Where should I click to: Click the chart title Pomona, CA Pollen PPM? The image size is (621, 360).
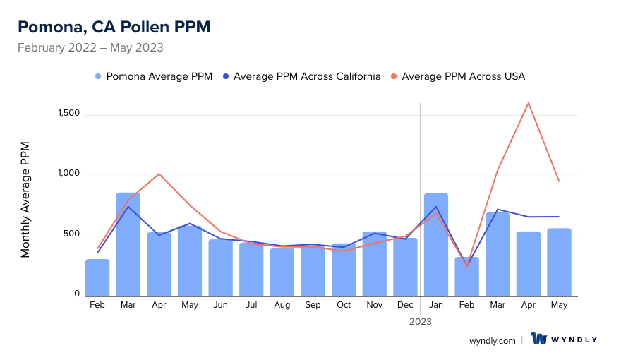point(114,27)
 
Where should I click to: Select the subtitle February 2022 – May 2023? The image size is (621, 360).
point(90,48)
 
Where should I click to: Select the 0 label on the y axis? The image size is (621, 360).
point(77,294)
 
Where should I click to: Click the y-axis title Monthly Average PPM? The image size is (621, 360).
point(25,200)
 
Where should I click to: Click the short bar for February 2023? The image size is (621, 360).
point(467,277)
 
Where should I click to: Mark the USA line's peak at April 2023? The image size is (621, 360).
point(528,103)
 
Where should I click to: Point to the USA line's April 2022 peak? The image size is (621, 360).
point(159,174)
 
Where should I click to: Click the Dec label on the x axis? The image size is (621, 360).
point(405,305)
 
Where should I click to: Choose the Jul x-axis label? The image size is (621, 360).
point(251,305)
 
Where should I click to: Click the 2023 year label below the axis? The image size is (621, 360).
point(421,321)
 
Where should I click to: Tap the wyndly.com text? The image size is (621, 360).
point(493,340)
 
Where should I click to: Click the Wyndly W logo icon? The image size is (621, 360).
point(539,340)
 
